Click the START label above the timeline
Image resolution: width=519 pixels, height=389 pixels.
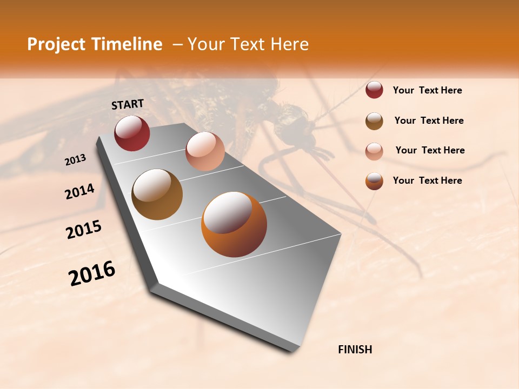(x=128, y=104)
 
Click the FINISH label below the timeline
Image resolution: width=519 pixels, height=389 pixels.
(x=355, y=350)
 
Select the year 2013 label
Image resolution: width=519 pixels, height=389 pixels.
(x=75, y=160)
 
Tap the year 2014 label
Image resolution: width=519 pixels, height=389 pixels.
(x=79, y=192)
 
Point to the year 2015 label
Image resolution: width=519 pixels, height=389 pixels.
(x=83, y=230)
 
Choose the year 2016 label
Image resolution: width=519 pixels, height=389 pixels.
(x=92, y=273)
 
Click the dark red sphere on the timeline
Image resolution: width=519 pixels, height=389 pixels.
(x=132, y=133)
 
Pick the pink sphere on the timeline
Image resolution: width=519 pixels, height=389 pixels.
(x=205, y=151)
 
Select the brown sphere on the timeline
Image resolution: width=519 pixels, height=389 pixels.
(x=157, y=194)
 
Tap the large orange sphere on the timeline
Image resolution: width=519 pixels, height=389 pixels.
(x=234, y=224)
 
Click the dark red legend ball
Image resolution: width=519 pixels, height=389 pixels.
(x=374, y=90)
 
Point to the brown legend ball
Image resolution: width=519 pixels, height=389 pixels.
(x=374, y=120)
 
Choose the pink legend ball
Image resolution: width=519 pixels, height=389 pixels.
(x=374, y=151)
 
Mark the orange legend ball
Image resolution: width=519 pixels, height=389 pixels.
(x=374, y=180)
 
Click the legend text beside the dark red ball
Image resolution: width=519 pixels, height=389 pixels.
(x=427, y=90)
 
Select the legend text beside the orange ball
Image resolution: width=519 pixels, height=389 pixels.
(x=427, y=180)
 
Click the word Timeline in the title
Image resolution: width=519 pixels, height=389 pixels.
(x=128, y=44)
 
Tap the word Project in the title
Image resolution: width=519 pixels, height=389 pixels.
(x=56, y=44)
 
